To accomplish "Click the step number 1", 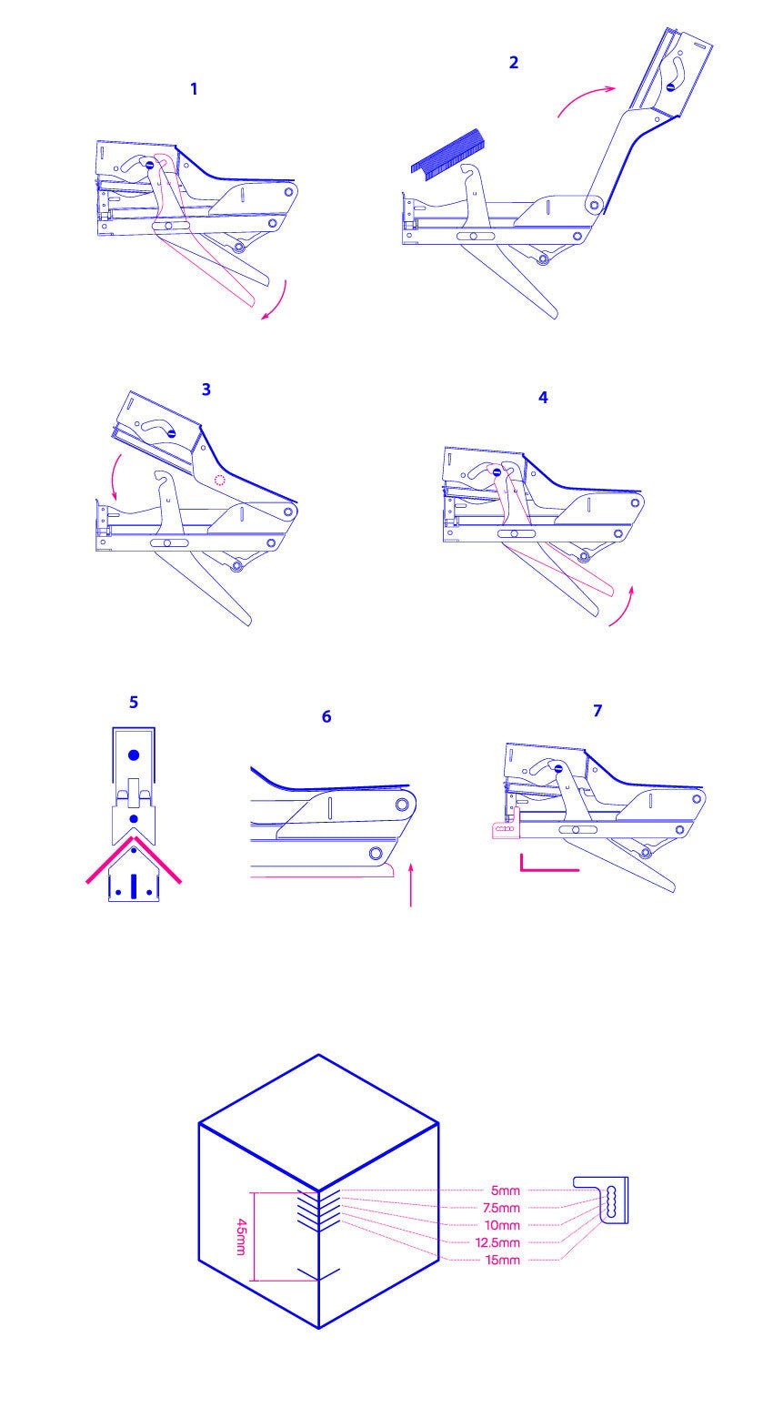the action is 194,89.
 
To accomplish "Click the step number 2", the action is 514,62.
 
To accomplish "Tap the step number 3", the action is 206,390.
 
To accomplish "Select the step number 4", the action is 543,397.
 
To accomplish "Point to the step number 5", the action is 133,702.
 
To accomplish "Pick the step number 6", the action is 326,716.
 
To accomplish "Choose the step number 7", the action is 597,710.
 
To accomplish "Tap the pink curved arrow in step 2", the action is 583,96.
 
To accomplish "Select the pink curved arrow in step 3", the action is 111,477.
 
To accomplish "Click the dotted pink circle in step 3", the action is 219,481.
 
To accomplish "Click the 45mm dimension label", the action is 241,1236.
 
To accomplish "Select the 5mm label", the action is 506,1190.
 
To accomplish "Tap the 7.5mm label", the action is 501,1208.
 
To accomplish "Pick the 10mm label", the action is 502,1225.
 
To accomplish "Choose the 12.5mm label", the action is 498,1242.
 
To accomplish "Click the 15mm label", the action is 503,1260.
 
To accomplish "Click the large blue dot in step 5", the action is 134,755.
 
